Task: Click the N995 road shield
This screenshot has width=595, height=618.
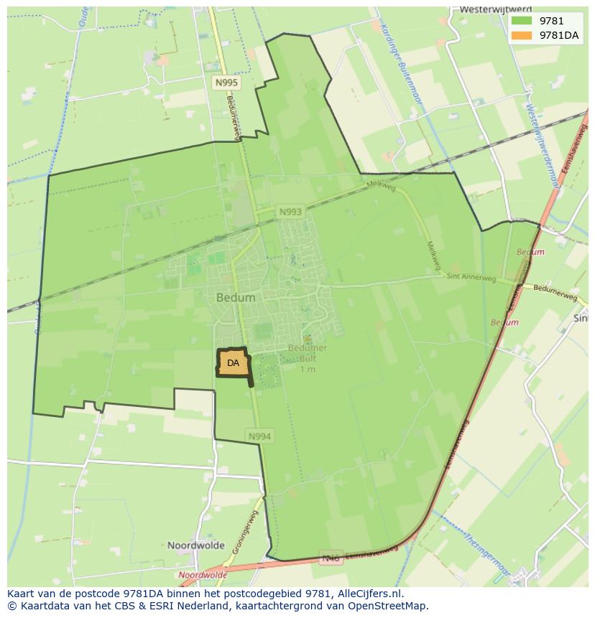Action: coord(226,83)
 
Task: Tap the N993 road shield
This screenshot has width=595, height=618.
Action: coord(290,212)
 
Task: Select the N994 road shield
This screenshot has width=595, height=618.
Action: coord(259,436)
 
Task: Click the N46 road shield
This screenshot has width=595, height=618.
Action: coord(331,558)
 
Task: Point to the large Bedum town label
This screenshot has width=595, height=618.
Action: coord(236,297)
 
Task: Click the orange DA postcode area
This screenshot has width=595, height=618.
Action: coord(233,363)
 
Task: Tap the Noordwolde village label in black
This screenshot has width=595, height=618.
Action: coord(196,546)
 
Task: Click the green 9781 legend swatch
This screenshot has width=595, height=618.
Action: coord(522,21)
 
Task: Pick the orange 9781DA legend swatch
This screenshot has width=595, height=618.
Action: coord(522,35)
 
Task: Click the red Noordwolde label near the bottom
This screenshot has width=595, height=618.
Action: coord(203,575)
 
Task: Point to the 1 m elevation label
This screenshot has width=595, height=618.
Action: coord(308,369)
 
